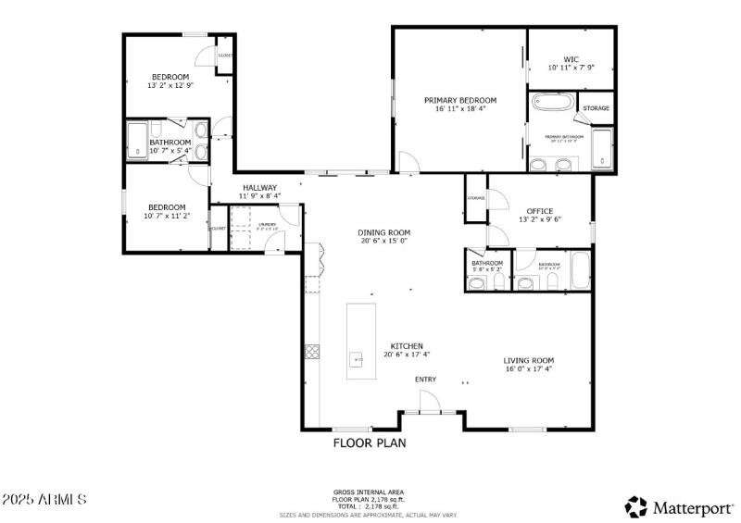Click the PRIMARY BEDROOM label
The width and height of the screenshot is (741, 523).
[460, 100]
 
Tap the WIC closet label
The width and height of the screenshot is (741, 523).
[571, 59]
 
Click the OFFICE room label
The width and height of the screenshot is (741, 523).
[540, 210]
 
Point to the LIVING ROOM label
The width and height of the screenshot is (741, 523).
[529, 360]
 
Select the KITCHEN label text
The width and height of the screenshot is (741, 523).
[407, 345]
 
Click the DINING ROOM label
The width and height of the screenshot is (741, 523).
[384, 232]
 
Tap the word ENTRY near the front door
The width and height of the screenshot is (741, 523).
[425, 380]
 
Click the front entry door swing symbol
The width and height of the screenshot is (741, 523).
[429, 401]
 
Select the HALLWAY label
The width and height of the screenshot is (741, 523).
[260, 187]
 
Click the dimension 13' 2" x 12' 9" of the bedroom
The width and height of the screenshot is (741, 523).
[170, 85]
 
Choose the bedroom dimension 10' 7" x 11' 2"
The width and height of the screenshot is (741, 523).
[167, 216]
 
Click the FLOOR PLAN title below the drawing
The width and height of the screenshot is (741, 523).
[370, 443]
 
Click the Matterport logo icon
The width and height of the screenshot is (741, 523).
[636, 506]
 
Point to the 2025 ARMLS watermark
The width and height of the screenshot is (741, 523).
[44, 500]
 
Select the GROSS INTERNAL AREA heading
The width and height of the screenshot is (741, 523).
[369, 492]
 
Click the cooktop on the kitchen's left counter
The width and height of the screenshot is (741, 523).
[312, 351]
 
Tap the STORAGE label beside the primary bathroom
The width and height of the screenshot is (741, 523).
[596, 108]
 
